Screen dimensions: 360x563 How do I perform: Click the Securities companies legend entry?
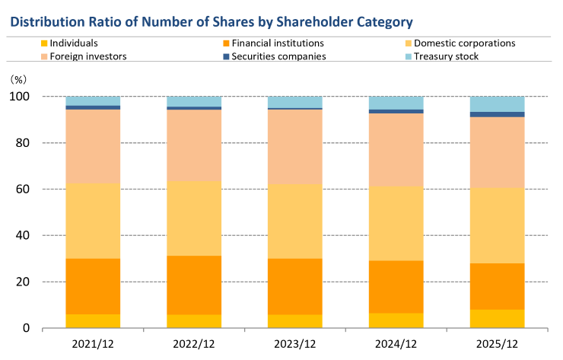point(279,56)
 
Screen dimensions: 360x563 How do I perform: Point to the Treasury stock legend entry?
point(451,56)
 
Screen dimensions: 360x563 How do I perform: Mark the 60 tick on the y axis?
point(24,189)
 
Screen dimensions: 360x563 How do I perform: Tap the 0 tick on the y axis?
point(27,328)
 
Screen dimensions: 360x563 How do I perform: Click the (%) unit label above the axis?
point(17,78)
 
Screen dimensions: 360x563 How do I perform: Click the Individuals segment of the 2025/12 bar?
point(498,319)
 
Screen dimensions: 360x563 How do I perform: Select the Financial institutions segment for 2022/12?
point(194,285)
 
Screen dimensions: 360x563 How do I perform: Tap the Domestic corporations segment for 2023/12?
point(295,221)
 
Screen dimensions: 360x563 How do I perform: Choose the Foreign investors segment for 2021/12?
point(93,146)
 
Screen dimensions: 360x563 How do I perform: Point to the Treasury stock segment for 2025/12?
point(498,104)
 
